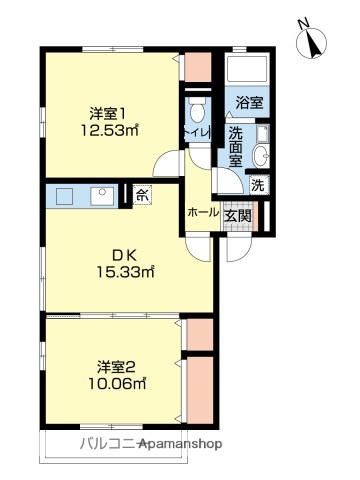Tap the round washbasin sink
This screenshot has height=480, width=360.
pos(261,154)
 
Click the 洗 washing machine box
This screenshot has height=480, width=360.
pos(257,184)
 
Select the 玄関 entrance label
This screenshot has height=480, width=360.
pos(236,213)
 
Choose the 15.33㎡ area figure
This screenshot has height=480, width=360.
pos(123,271)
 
